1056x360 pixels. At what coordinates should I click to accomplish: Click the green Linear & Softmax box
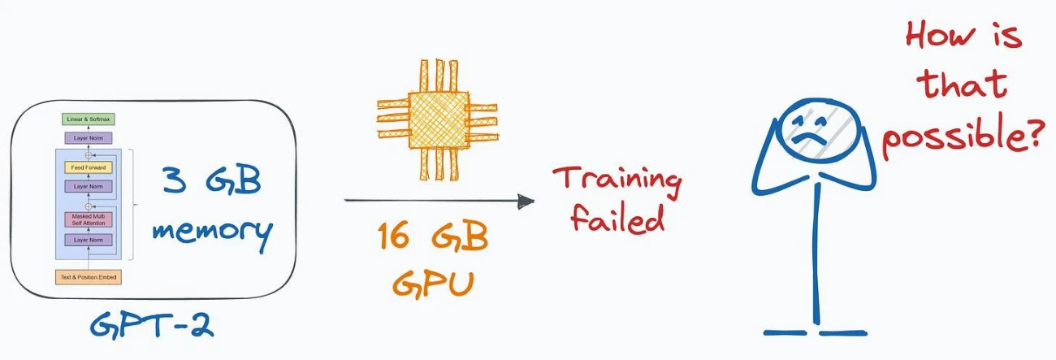89,119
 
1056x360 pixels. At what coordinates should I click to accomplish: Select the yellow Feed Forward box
89,167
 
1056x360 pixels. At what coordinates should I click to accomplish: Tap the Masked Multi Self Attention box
89,219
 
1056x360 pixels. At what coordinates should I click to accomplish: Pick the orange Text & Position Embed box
89,277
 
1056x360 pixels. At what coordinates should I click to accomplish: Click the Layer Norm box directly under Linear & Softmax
89,138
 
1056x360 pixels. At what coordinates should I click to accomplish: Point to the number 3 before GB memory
175,180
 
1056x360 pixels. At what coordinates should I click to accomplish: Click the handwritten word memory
213,232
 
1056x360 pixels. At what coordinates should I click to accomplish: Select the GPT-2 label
152,325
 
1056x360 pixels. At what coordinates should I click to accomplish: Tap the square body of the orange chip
439,120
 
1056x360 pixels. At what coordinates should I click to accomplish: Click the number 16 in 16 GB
393,236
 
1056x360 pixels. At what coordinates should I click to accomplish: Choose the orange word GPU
433,284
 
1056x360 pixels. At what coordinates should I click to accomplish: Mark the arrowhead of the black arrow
526,201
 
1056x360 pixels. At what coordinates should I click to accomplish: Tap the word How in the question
941,36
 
